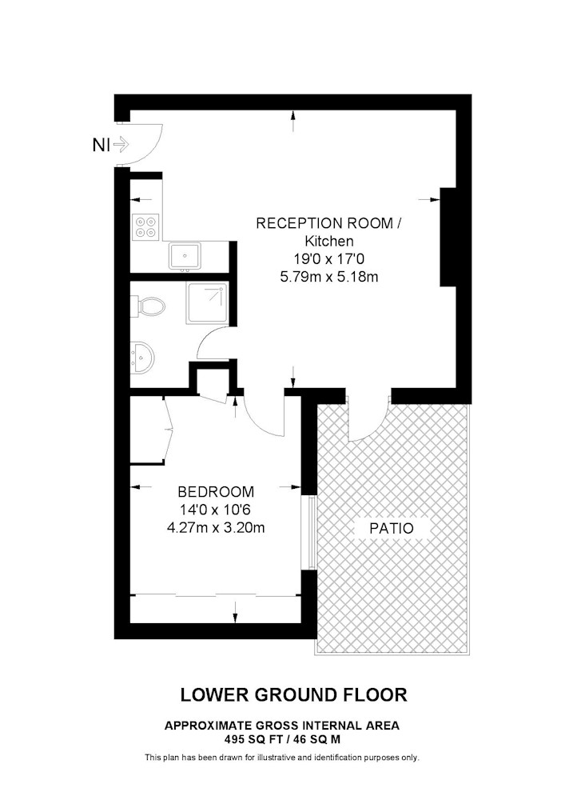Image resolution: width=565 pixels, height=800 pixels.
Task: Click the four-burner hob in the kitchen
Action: [145, 227]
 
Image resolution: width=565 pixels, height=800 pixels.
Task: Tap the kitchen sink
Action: [185, 255]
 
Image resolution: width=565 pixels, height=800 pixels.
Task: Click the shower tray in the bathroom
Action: [207, 303]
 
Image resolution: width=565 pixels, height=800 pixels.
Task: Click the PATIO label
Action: [392, 528]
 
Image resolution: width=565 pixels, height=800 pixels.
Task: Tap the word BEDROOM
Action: [216, 492]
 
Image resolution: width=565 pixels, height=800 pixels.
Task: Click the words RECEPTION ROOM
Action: [324, 223]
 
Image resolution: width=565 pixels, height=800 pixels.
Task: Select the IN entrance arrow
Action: [121, 145]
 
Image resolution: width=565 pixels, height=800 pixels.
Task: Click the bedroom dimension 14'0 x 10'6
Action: [216, 510]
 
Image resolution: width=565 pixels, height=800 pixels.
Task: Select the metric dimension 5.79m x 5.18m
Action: [329, 277]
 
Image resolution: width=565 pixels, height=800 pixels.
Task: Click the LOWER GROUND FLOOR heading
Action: [294, 694]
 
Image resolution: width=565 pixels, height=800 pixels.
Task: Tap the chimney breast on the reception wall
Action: [448, 237]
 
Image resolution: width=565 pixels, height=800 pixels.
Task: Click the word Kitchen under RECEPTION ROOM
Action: [329, 241]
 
